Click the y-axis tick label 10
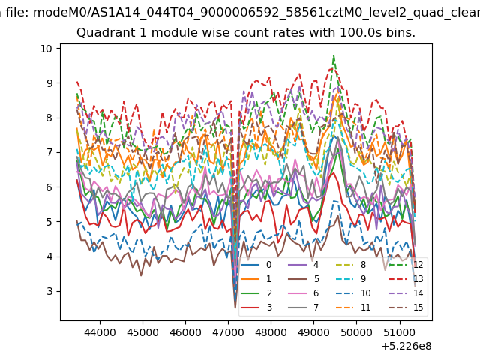point(46,48)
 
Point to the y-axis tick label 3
point(49,291)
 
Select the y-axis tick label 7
point(49,152)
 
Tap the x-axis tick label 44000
point(100,332)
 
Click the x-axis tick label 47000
point(228,332)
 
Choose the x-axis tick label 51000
point(400,332)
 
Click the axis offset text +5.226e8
point(406,346)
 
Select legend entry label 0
point(268,265)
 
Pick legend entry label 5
point(316,279)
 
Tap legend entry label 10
point(366,293)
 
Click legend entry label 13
point(418,279)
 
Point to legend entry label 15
point(418,307)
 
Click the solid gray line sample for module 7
point(297,307)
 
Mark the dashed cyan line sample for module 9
point(345,278)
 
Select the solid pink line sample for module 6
point(297,293)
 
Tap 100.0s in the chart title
point(361,32)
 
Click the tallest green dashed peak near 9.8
point(334,56)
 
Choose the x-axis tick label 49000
point(313,332)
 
